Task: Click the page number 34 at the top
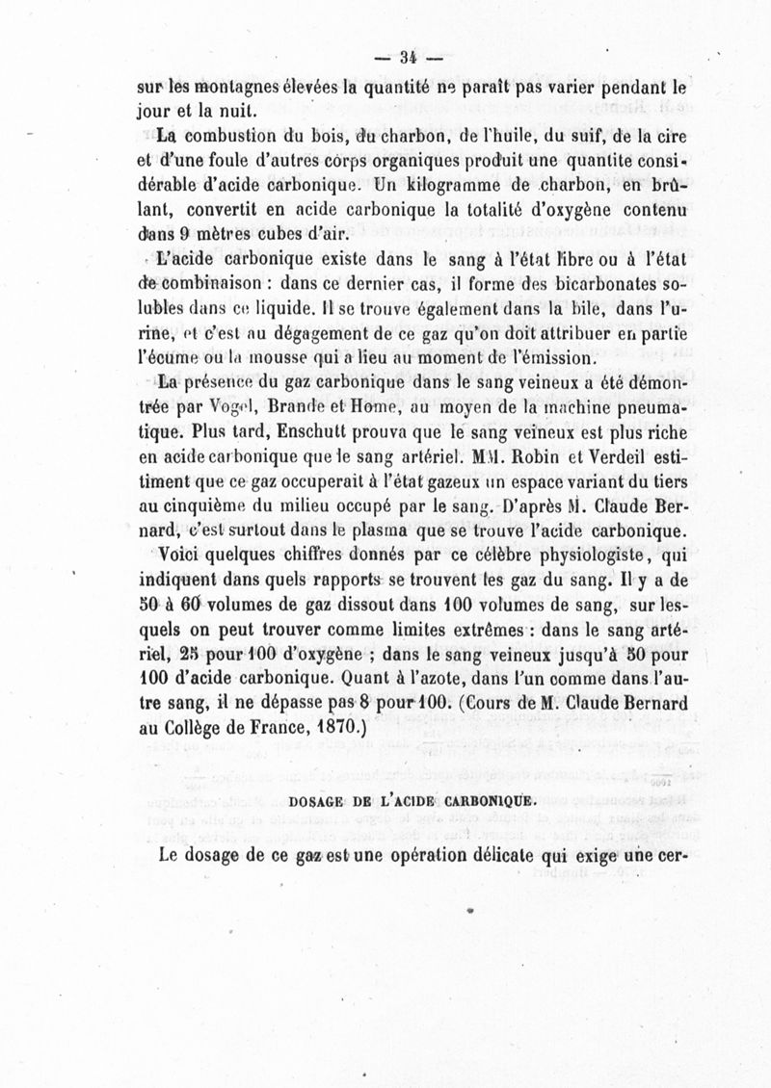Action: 399,55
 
